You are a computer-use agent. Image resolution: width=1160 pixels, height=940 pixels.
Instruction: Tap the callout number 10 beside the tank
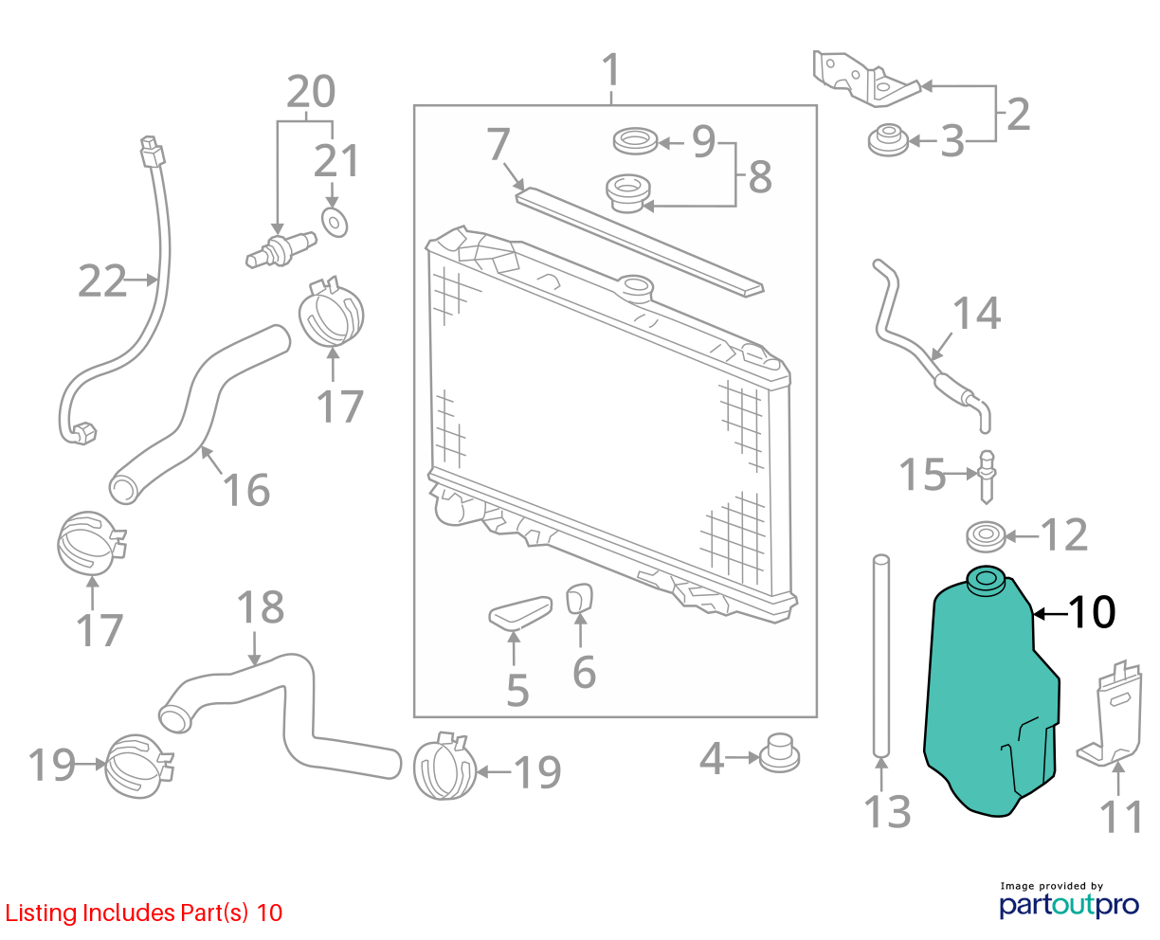1092,613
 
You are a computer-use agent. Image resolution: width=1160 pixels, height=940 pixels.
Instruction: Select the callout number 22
101,281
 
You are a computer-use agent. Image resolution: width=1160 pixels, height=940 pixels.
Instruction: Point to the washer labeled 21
335,223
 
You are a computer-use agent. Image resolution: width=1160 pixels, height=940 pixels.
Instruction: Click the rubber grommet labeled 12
986,536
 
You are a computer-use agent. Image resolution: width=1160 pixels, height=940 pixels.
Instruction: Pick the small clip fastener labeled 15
987,477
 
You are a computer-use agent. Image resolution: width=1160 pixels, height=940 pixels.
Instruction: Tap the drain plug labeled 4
779,752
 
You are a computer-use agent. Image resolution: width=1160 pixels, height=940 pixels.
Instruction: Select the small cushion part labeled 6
579,598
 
